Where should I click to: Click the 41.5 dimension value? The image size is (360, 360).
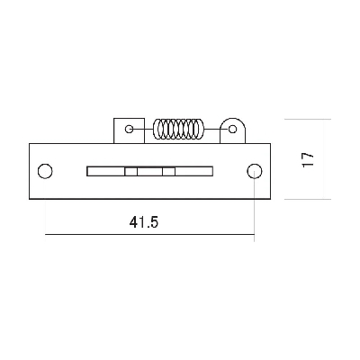click(x=144, y=222)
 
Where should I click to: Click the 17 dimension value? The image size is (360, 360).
click(x=308, y=159)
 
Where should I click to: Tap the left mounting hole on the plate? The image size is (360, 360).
click(x=45, y=171)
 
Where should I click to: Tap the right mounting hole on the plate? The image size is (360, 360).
click(x=255, y=171)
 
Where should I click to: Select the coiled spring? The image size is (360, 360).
click(x=178, y=129)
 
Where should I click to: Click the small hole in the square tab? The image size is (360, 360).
click(x=129, y=129)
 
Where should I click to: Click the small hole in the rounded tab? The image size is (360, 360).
click(x=232, y=130)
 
